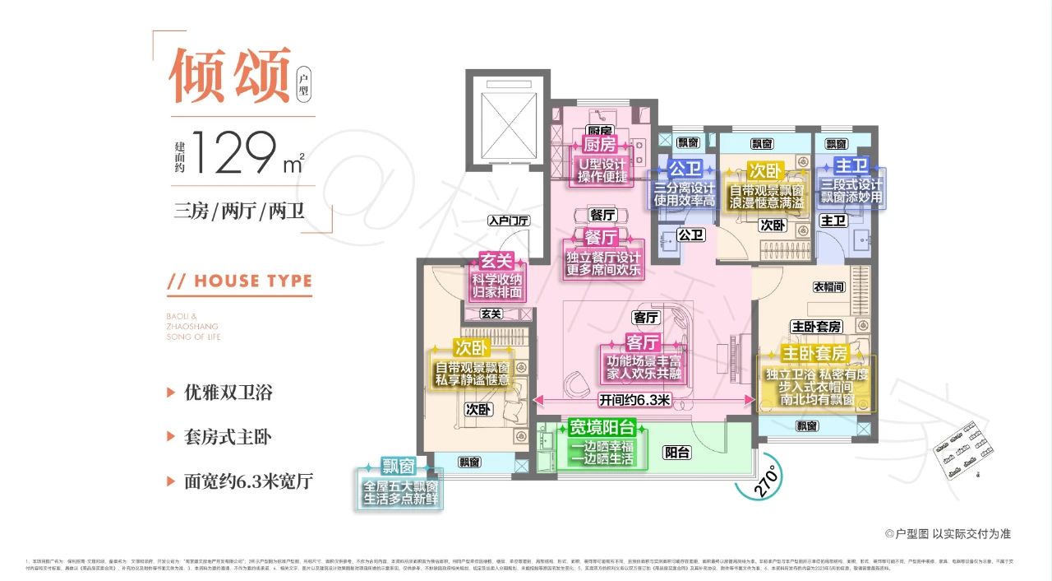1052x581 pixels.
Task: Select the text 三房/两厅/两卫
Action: (x=239, y=211)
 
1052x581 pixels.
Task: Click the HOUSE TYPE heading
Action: (x=240, y=281)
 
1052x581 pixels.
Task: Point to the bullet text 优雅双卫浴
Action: (x=228, y=393)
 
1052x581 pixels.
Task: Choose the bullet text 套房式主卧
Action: (x=228, y=437)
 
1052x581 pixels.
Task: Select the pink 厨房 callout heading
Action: (x=599, y=145)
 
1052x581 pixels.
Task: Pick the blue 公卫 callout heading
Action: (x=682, y=169)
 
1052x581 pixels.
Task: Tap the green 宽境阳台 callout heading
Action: (x=602, y=428)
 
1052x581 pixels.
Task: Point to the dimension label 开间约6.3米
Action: (x=635, y=401)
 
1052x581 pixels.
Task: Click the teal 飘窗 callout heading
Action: (x=399, y=466)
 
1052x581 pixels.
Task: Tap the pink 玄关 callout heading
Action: (x=496, y=261)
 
